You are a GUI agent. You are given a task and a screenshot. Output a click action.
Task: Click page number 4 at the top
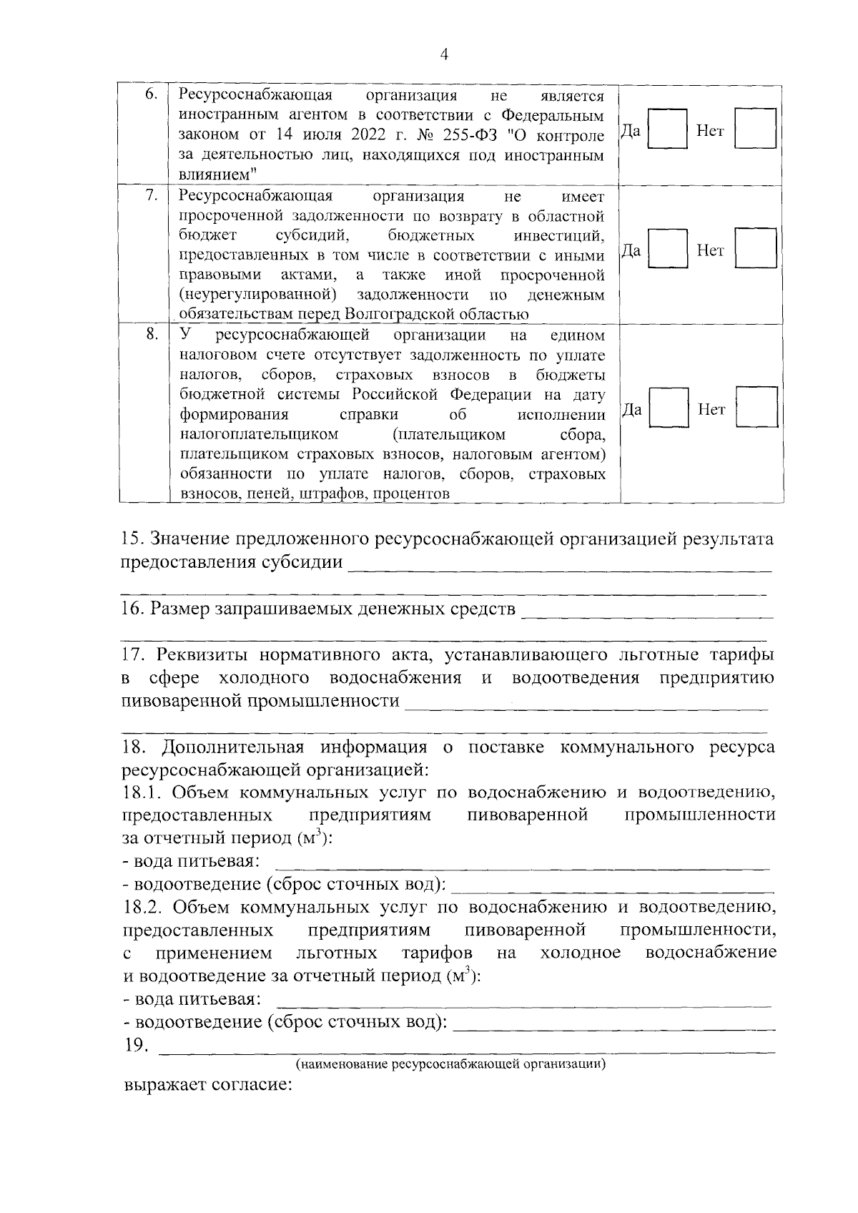[x=444, y=56]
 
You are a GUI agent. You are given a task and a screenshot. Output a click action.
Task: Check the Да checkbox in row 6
[x=667, y=129]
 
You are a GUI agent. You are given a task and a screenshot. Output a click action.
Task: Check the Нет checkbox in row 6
[x=756, y=129]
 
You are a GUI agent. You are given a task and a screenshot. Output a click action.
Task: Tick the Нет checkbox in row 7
[x=756, y=248]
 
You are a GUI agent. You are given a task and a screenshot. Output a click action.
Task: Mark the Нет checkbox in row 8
[x=757, y=408]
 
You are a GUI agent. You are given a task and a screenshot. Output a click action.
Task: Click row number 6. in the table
[x=151, y=95]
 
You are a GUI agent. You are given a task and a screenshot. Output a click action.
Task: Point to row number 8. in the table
[x=151, y=335]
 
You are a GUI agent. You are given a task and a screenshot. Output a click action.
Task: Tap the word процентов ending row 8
[x=411, y=493]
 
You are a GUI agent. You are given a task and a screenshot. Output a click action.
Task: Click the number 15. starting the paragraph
[x=133, y=539]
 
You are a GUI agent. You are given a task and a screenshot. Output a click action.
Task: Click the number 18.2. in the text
[x=143, y=908]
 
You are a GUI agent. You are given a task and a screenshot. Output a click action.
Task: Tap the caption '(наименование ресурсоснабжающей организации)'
[x=451, y=1064]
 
